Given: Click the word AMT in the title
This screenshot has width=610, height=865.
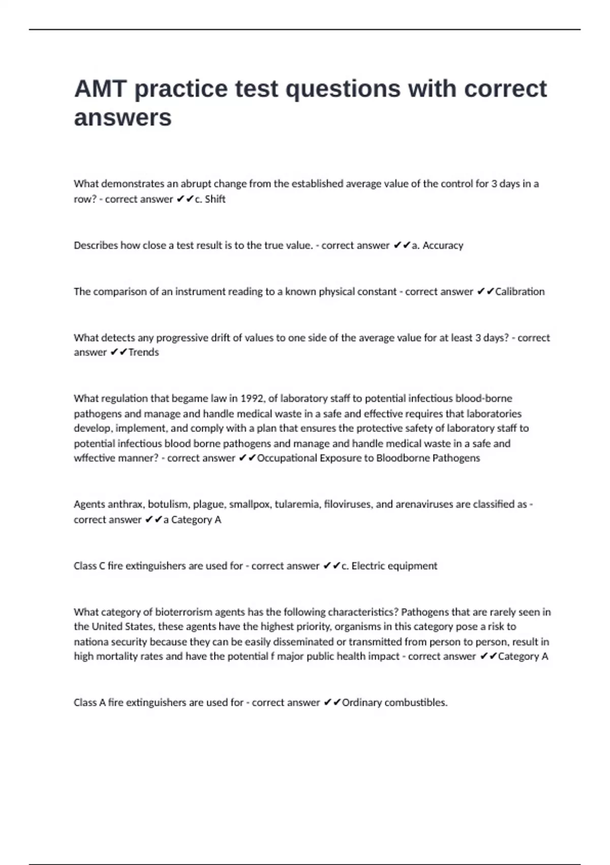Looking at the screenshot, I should pyautogui.click(x=100, y=89).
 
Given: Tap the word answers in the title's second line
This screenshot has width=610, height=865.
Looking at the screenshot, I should pyautogui.click(x=123, y=118).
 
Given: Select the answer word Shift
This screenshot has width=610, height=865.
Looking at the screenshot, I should pyautogui.click(x=215, y=199).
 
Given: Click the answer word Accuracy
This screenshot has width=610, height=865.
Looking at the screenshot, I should pyautogui.click(x=443, y=245).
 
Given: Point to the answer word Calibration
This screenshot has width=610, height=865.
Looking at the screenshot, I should pyautogui.click(x=520, y=292).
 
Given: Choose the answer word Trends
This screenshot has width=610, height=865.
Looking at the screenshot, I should pyautogui.click(x=143, y=352).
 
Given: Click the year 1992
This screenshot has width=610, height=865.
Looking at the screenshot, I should pyautogui.click(x=251, y=398).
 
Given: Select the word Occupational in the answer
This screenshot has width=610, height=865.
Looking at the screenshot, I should pyautogui.click(x=287, y=458).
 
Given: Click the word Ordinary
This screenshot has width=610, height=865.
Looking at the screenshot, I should pyautogui.click(x=361, y=703).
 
